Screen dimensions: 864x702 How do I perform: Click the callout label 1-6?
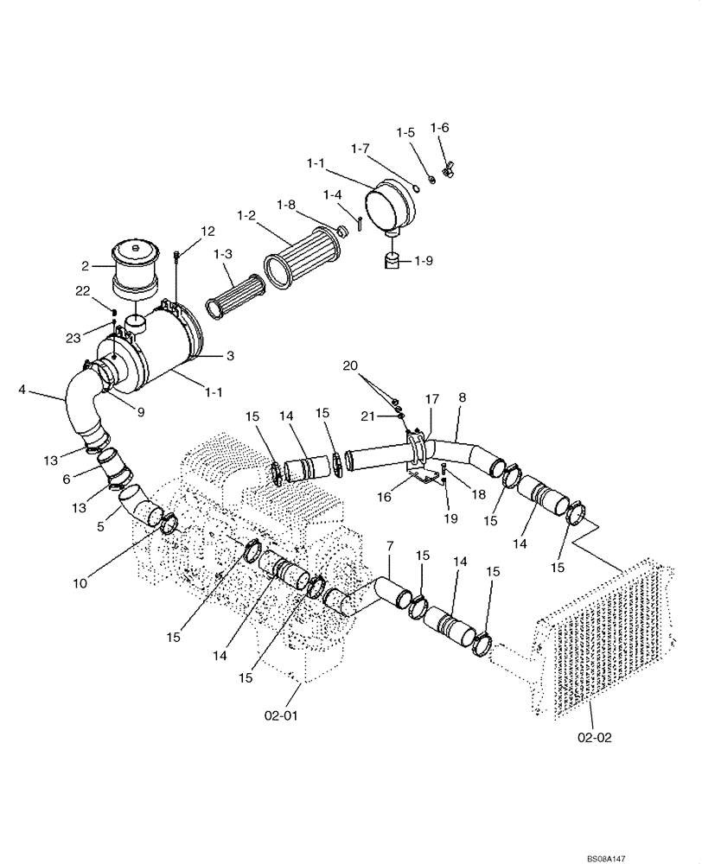coord(440,127)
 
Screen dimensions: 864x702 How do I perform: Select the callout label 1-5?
coord(405,132)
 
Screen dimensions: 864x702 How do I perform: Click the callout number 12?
coord(207,231)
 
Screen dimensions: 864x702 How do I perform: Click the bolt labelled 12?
coord(176,256)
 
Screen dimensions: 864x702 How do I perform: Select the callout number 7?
coord(390,548)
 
